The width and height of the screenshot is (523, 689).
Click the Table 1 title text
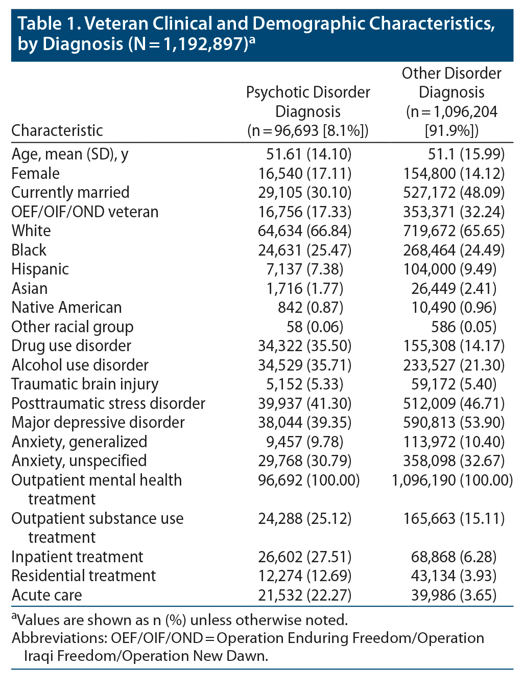255,33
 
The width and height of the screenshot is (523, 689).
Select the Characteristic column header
57,130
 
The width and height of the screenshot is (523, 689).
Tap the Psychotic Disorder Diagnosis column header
308,111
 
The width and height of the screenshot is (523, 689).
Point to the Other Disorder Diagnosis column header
451,102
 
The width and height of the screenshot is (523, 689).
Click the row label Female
36,173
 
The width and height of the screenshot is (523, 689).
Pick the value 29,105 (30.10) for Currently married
305,193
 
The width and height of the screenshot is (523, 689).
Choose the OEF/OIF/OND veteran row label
85,212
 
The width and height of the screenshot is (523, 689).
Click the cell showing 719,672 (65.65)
454,231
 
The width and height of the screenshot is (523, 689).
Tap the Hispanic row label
40,269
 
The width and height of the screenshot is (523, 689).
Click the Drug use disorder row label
72,346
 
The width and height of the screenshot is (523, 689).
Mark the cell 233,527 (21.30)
454,365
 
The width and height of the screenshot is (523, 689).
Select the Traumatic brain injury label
85,384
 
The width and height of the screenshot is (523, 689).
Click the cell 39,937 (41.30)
305,403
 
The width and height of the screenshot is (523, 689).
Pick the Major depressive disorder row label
98,423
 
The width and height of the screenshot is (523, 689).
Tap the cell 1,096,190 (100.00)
453,480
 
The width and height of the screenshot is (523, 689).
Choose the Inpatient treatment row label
77,557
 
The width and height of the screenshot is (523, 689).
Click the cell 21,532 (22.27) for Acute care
305,595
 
